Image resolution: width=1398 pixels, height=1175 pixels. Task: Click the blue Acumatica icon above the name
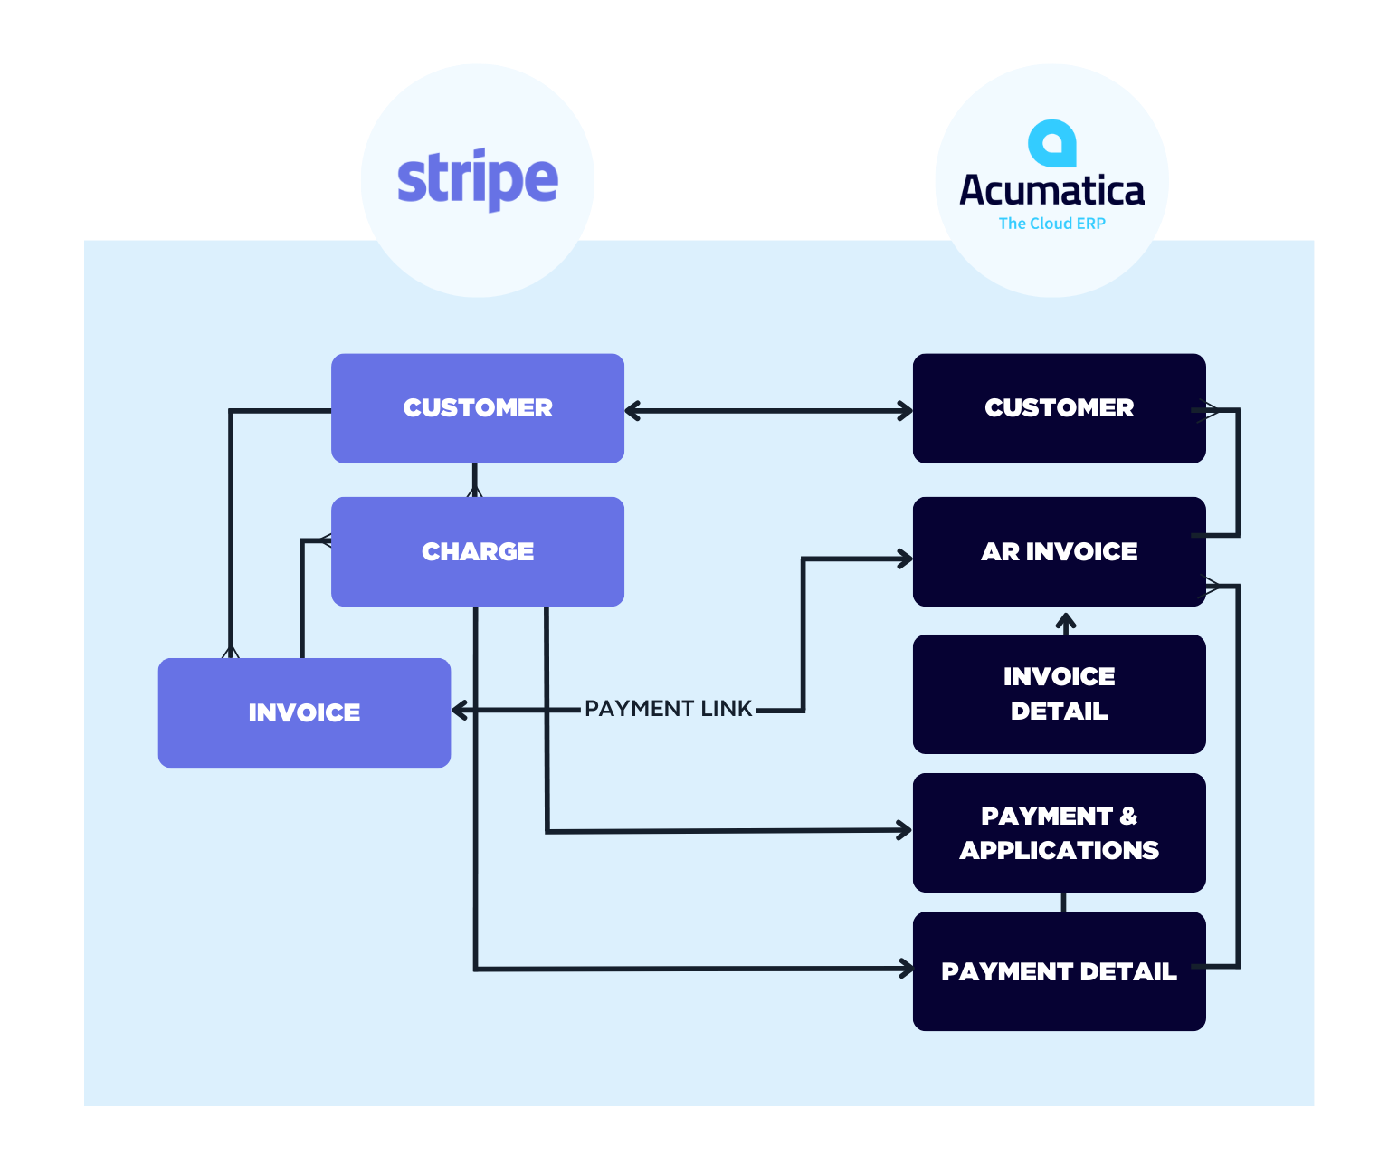(1051, 143)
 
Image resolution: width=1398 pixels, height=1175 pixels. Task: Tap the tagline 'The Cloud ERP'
(1051, 224)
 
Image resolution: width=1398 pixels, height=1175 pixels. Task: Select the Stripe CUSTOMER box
(478, 408)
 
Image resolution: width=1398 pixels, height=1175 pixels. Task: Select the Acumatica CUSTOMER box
(1059, 408)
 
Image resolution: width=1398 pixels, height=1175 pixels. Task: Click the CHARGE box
(478, 551)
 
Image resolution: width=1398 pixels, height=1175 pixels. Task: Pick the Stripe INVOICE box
(304, 712)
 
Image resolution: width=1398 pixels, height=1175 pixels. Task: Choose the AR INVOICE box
(1059, 551)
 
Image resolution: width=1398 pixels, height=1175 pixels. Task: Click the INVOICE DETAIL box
(1059, 693)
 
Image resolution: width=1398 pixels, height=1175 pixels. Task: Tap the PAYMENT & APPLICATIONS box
(1059, 833)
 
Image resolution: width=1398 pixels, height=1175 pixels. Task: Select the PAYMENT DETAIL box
(1059, 971)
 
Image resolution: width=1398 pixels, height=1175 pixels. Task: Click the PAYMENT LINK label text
(668, 709)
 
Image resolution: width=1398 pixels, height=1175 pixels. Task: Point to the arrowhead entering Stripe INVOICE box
(459, 711)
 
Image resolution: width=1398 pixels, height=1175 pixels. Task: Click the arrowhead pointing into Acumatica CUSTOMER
(905, 411)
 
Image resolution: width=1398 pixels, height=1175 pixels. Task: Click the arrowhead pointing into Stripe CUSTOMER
(632, 411)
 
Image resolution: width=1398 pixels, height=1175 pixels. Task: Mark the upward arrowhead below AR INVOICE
(1066, 621)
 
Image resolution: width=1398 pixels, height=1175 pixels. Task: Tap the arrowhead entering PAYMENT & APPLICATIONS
(904, 830)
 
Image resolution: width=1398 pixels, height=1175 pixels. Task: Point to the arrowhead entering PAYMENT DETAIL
(905, 970)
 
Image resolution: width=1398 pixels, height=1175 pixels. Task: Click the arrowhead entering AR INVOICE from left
(905, 559)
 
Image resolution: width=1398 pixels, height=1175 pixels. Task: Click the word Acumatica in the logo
(1051, 191)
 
